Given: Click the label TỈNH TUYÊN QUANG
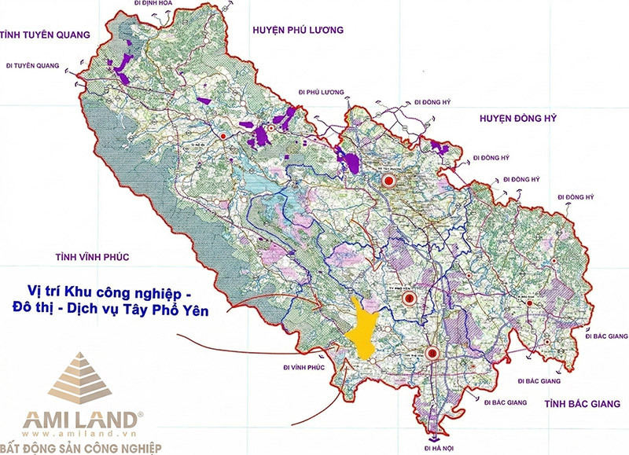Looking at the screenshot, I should click(46, 35).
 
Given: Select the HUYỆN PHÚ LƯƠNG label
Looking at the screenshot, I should click(298, 30).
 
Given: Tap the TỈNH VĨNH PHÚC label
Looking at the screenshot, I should click(91, 257).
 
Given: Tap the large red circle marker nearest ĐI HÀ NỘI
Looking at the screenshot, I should click(432, 354).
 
